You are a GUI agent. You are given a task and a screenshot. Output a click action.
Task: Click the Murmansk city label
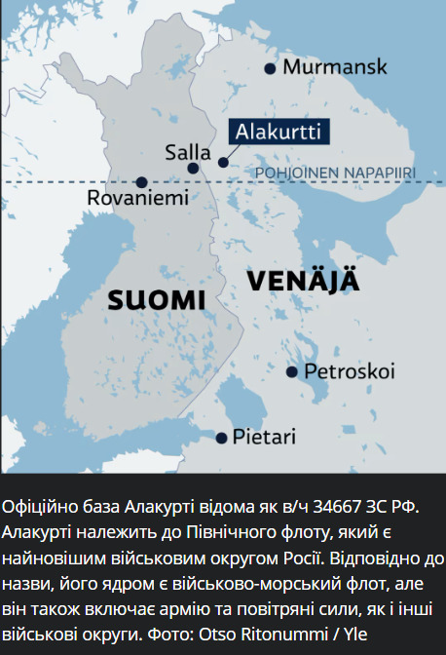(x=334, y=67)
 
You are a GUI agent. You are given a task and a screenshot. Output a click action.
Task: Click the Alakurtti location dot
(x=224, y=162)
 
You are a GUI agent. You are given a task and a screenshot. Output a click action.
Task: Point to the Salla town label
(x=188, y=152)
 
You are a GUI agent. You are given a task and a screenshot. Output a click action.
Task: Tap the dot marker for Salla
(x=193, y=168)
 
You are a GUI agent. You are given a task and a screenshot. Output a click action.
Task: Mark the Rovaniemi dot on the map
(x=142, y=181)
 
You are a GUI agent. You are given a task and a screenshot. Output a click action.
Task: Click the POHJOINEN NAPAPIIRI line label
(x=334, y=173)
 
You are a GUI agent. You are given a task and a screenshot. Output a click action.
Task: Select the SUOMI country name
(x=156, y=299)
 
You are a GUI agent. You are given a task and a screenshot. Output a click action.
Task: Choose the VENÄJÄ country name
(x=303, y=281)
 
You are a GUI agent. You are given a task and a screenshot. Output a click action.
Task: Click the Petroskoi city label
(x=349, y=371)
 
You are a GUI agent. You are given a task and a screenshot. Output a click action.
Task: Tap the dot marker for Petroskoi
(x=291, y=371)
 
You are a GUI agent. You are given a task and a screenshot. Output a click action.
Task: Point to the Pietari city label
(x=263, y=437)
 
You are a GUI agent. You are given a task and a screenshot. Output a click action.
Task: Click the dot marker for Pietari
(x=223, y=437)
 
